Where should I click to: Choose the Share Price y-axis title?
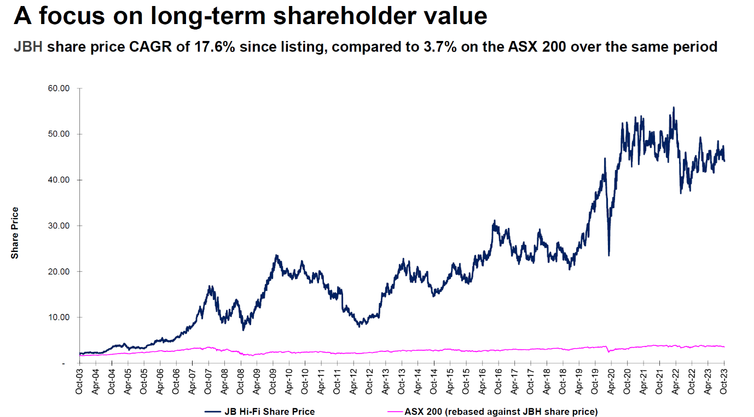tap(15, 232)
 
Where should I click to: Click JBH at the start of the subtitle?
tap(28, 47)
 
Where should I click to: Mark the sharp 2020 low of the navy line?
tap(609, 255)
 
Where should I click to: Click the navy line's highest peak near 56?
tap(674, 108)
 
